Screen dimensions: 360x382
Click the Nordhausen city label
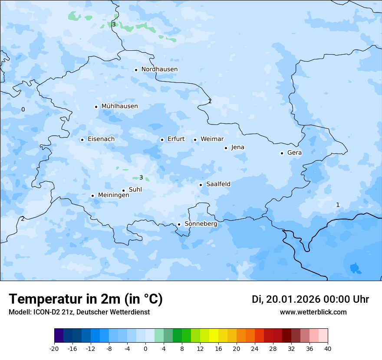[x=159, y=69]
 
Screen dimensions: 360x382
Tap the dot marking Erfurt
[x=162, y=140]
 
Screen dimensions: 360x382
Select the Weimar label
[x=212, y=139]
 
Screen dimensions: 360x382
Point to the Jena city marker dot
[x=226, y=148]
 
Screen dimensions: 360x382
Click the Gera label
[x=294, y=153]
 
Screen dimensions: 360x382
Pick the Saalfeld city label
[x=218, y=184]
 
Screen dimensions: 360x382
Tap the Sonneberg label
[x=201, y=224]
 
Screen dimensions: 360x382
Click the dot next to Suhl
[x=123, y=190]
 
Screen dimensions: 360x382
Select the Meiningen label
[x=113, y=196]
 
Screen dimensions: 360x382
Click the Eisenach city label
[x=101, y=139]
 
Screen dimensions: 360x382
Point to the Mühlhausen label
[x=119, y=106]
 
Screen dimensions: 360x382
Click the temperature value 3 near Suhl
[x=141, y=177]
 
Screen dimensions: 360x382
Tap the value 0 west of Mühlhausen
[x=23, y=109]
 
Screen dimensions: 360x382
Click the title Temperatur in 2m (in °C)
[x=86, y=299]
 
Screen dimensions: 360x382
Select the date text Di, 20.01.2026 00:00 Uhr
[x=310, y=299]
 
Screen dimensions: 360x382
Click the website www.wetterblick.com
[x=313, y=312]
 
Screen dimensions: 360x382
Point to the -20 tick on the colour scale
[x=54, y=348]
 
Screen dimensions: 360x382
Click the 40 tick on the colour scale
[x=328, y=348]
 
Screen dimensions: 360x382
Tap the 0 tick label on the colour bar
[x=145, y=348]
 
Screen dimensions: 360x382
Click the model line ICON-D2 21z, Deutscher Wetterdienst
[x=79, y=312]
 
